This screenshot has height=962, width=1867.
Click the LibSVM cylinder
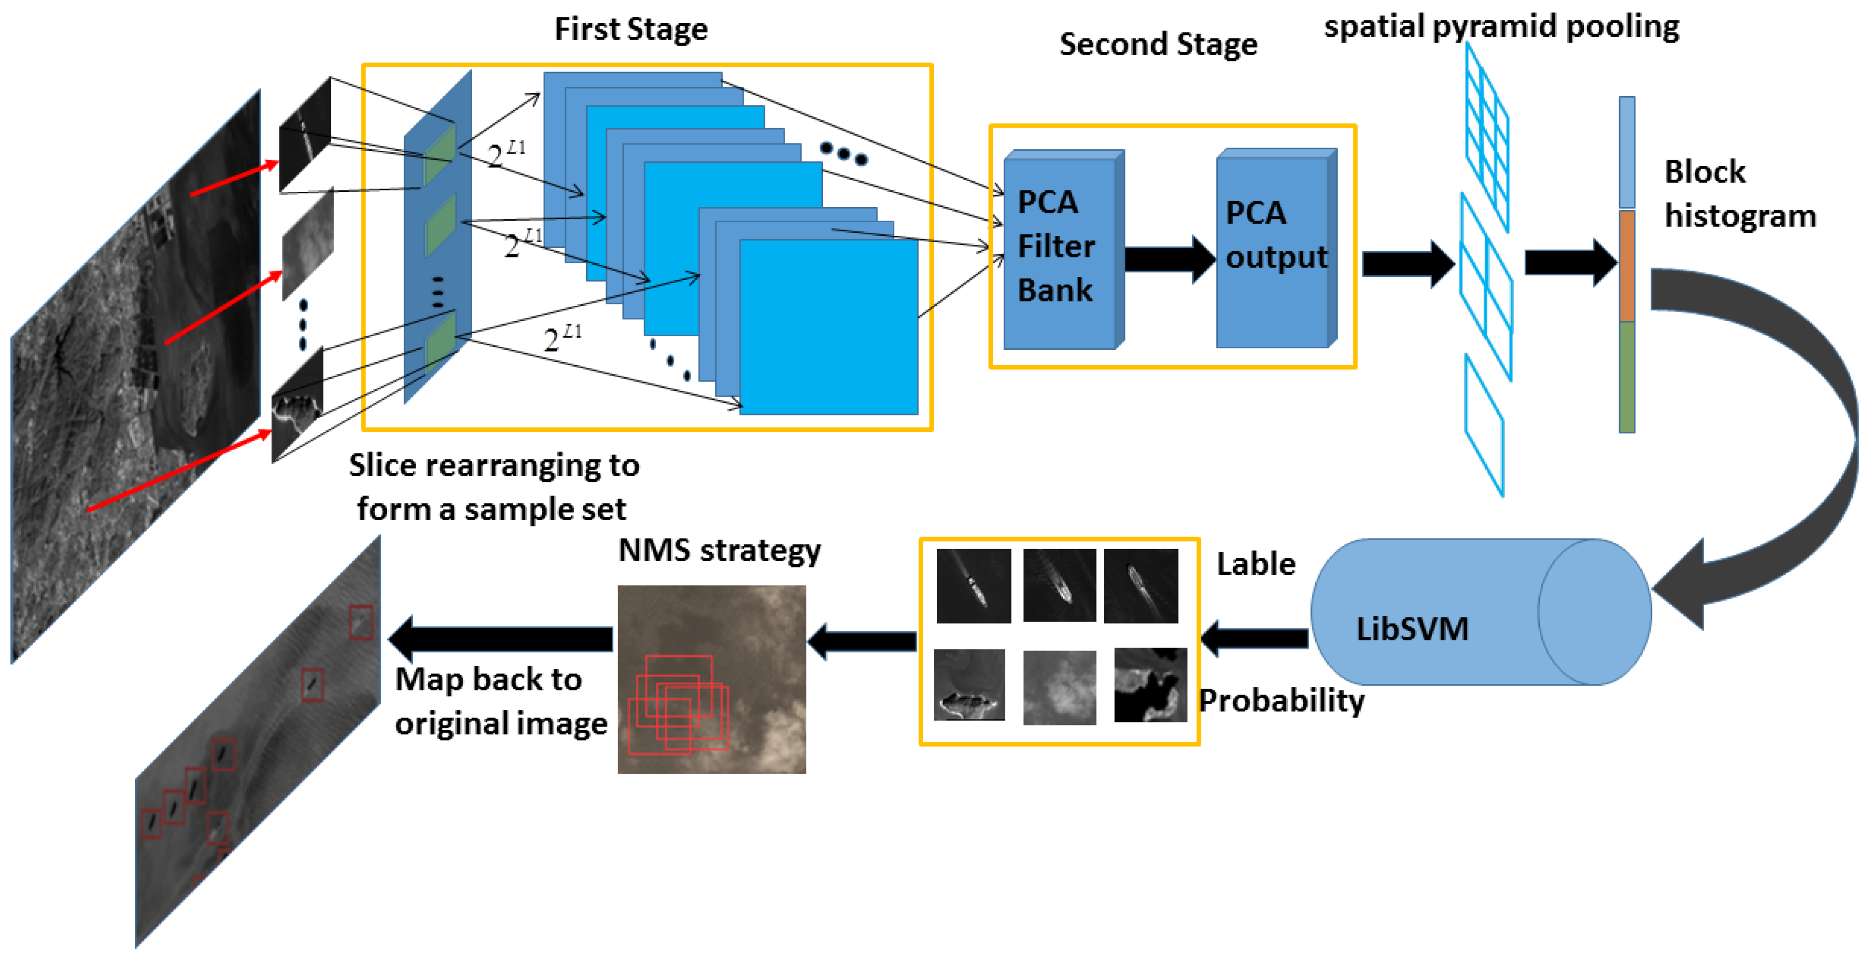coord(1478,613)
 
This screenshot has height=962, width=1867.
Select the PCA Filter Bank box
coord(1062,250)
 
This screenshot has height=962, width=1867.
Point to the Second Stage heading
coord(1157,45)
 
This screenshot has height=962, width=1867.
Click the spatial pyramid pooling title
coord(1501,27)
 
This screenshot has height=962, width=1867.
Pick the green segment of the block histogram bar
coord(1626,377)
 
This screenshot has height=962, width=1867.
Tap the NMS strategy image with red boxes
coord(711,679)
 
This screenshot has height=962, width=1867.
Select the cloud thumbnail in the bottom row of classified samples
coord(1059,687)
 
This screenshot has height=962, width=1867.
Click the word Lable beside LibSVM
coord(1255,564)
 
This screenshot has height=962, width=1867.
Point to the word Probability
coord(1281,701)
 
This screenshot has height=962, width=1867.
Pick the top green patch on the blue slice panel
coord(439,154)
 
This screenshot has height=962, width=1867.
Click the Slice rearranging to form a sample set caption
coord(494,487)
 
